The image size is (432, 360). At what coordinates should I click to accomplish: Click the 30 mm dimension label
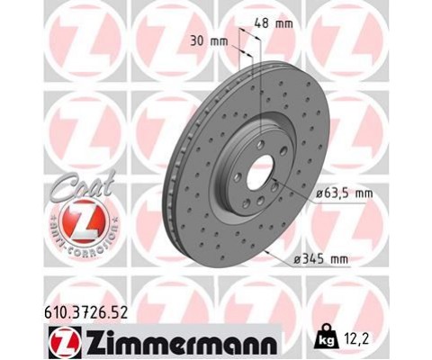click(209, 40)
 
